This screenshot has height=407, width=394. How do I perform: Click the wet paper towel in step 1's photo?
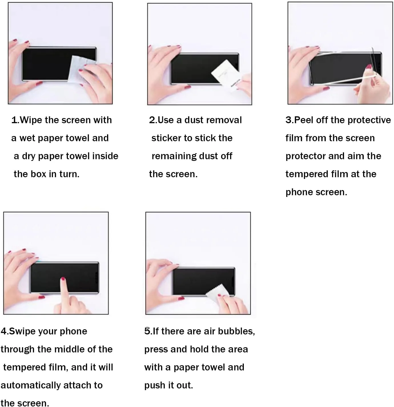81,68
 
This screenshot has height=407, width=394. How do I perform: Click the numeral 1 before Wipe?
15,120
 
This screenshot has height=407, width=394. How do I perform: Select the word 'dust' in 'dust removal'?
194,120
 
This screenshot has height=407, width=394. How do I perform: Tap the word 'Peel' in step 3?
304,120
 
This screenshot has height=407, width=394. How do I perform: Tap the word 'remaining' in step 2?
174,156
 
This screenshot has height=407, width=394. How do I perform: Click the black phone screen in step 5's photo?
204,281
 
